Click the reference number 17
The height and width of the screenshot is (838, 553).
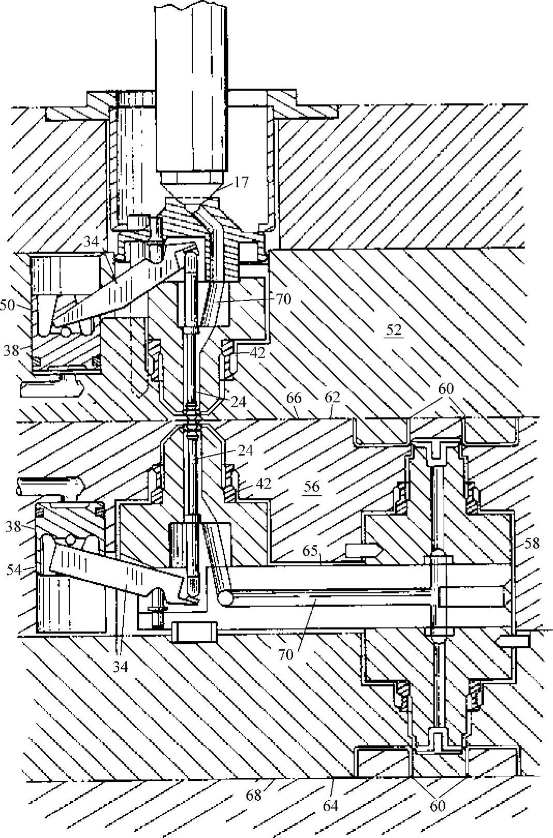[241, 183]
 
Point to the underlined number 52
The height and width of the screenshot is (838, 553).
[394, 330]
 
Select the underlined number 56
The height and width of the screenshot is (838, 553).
[312, 487]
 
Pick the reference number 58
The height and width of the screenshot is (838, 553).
[532, 543]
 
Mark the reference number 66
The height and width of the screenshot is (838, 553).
[294, 398]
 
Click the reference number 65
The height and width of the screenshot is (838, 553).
[310, 551]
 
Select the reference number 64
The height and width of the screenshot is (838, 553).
[331, 805]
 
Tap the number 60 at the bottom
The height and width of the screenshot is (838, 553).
[438, 805]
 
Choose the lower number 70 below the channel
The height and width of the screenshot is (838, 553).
[285, 654]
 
